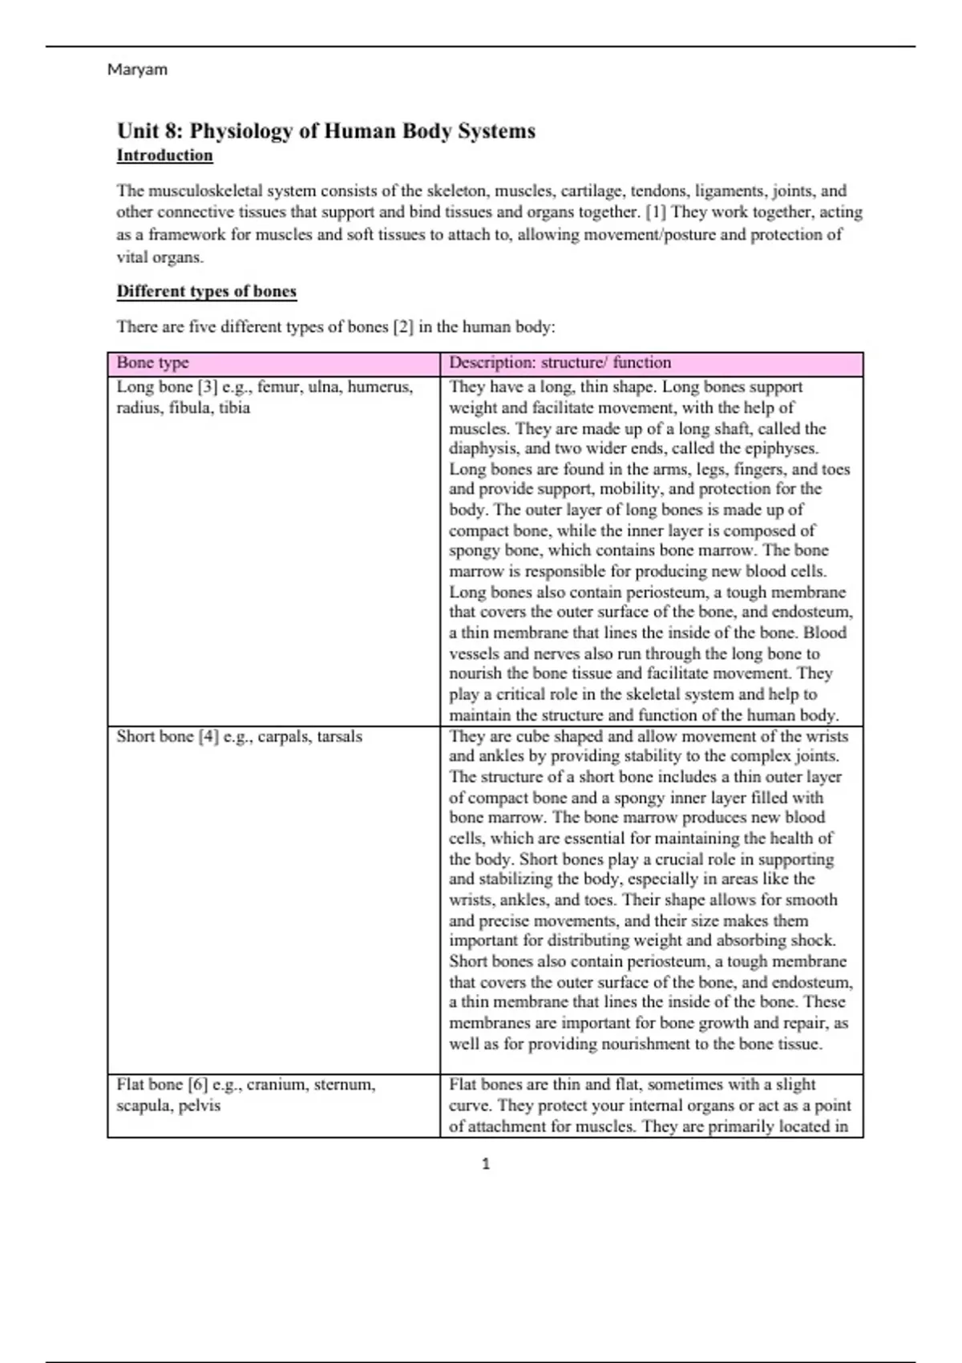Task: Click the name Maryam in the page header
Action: (137, 70)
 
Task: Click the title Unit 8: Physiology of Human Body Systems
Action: (325, 131)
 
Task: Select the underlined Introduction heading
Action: (164, 156)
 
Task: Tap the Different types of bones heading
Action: (206, 291)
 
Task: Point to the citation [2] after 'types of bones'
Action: (402, 327)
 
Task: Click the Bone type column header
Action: (152, 362)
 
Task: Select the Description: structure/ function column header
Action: (560, 362)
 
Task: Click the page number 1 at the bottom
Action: (486, 1163)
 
